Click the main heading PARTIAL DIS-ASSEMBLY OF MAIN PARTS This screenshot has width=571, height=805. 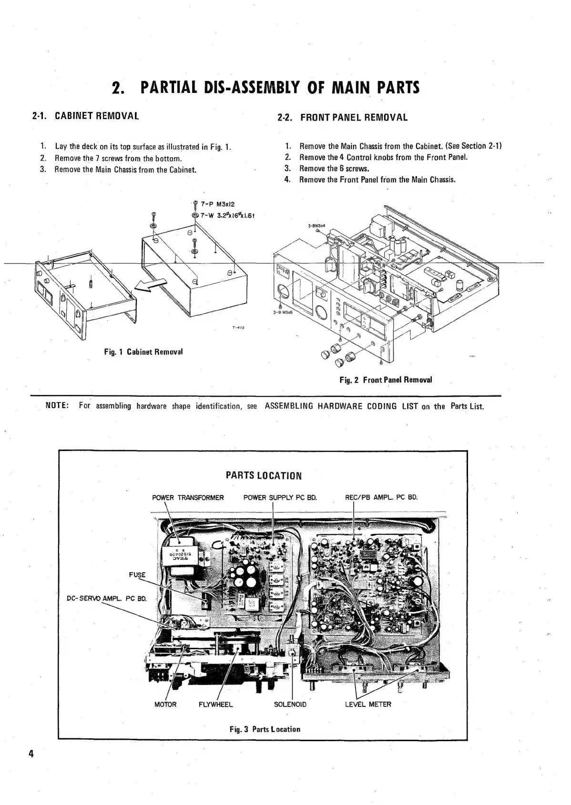tap(265, 88)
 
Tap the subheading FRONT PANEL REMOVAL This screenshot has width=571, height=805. tap(354, 117)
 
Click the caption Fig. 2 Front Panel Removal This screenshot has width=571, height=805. tap(386, 380)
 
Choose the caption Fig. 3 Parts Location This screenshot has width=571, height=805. tap(265, 729)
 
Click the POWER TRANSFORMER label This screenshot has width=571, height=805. tap(188, 498)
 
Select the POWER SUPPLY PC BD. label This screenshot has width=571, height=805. tap(280, 498)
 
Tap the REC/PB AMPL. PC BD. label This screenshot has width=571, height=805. tap(381, 498)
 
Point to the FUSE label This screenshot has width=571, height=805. tap(137, 575)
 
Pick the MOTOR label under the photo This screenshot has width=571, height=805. tap(165, 704)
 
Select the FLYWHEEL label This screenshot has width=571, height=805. tap(215, 704)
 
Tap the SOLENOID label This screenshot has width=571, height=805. tap(290, 704)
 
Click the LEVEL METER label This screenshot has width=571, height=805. tap(367, 704)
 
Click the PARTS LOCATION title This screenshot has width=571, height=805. tap(264, 476)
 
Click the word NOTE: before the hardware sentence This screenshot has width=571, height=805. tap(58, 406)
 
